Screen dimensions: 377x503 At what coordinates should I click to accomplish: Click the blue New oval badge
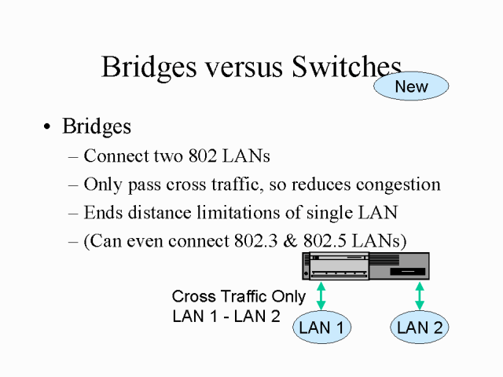coord(411,86)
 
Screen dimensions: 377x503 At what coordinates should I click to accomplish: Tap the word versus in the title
coord(225,68)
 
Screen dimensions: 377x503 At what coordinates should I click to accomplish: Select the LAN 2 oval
coord(420,328)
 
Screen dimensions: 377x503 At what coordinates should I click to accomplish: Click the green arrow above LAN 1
coord(321,296)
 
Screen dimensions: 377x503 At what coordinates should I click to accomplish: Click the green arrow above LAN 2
coord(420,296)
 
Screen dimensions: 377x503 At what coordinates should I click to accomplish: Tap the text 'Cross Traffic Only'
coord(239,297)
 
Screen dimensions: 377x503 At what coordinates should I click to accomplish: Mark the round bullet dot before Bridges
coord(49,127)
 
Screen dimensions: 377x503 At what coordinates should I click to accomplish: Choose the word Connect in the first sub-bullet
coord(110,156)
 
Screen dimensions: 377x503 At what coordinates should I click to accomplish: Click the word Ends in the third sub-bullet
coord(100,213)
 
